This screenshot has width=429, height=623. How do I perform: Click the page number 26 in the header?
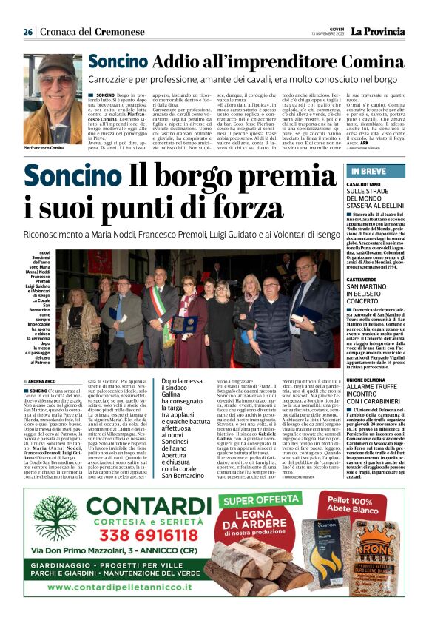27,32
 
